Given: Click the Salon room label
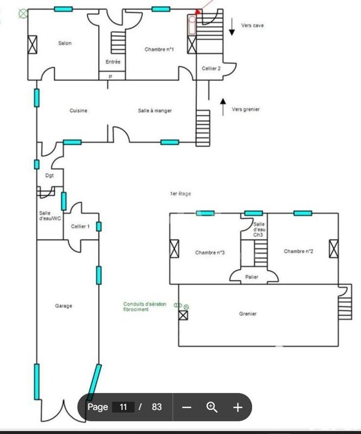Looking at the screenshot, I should point(65,43).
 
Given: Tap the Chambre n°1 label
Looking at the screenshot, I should point(159,49).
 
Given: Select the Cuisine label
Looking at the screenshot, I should point(79,111).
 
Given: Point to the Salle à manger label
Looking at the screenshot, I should point(155,111).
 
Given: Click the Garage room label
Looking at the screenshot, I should point(63,306).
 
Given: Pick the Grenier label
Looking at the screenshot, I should point(248,314).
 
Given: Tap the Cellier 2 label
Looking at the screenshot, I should point(211,69).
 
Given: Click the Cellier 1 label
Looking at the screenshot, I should point(80,226).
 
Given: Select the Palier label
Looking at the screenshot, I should point(252,277).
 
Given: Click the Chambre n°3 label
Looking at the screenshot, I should point(210,252).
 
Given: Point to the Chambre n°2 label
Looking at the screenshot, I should point(299,251).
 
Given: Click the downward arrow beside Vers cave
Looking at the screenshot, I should point(231,27).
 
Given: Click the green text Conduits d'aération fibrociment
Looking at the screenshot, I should point(145,307).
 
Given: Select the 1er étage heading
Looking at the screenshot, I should point(181,194).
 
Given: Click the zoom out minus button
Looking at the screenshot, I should point(186,407).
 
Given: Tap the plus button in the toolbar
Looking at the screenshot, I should point(237,407).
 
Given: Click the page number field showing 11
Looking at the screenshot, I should point(123,407).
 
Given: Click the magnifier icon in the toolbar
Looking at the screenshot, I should point(212,407).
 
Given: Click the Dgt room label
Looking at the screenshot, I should point(49,175).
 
